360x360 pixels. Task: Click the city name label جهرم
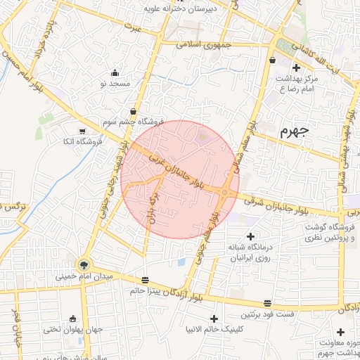(294, 131)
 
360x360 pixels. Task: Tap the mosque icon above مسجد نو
(115, 73)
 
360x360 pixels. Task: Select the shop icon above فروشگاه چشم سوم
(133, 111)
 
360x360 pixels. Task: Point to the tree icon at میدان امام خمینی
(84, 265)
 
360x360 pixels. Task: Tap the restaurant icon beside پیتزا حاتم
(146, 280)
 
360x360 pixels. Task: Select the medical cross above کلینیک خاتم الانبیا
(214, 319)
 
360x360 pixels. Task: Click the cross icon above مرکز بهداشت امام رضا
(296, 68)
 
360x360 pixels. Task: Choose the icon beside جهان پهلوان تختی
(72, 318)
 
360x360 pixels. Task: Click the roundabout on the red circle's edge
(226, 192)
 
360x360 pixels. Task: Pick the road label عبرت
(133, 27)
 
